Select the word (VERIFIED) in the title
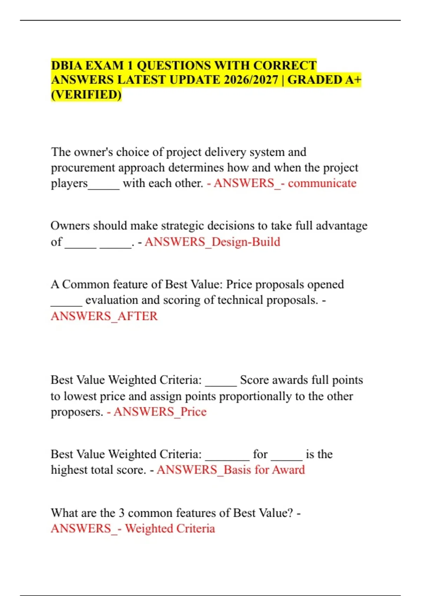click(86, 95)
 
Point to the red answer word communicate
click(322, 183)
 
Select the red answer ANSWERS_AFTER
click(104, 316)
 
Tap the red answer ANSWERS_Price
click(160, 412)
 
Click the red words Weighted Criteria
click(170, 528)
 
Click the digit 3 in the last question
click(122, 513)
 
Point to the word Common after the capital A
click(81, 284)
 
